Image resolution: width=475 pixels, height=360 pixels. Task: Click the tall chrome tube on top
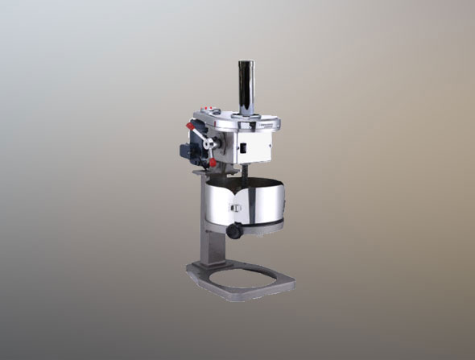click(245, 85)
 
